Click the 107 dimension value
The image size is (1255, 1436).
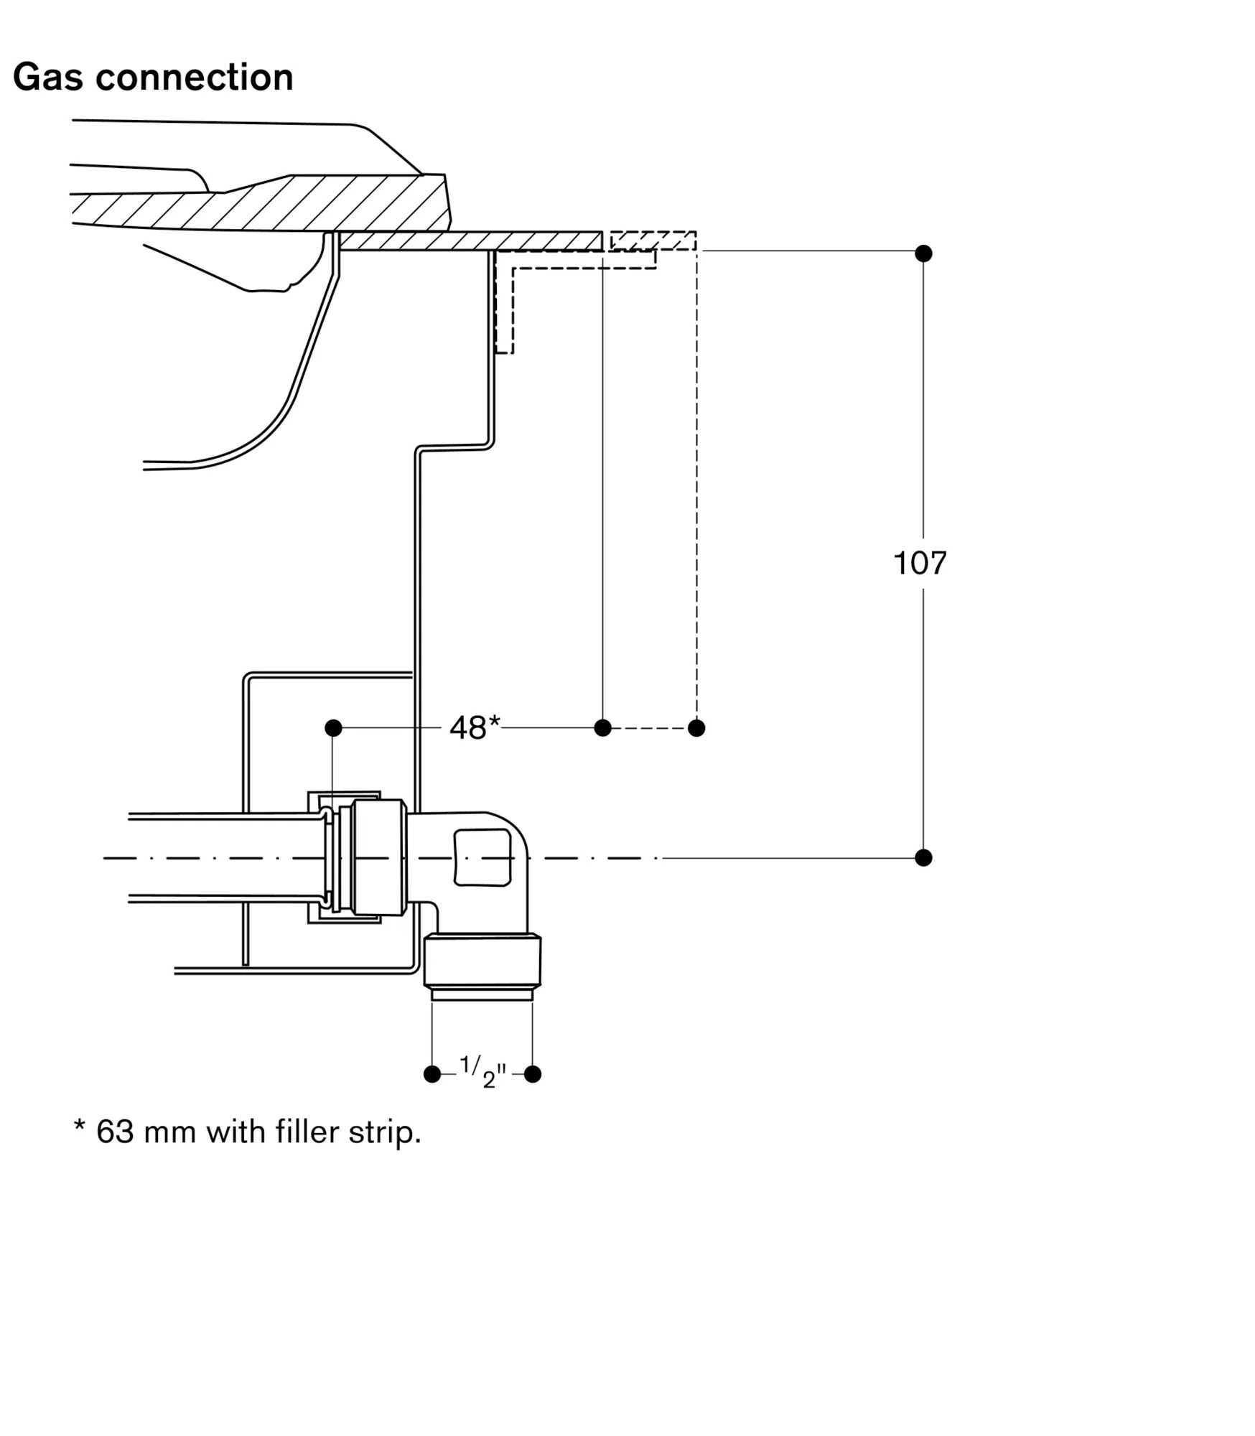pos(920,564)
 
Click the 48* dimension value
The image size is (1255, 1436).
pos(474,728)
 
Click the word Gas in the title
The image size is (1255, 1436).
pos(47,77)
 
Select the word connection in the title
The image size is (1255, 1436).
pos(195,77)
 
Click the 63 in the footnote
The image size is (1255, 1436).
pos(115,1132)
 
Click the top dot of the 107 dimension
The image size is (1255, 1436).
pos(923,253)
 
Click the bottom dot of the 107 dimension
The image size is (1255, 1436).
pos(923,857)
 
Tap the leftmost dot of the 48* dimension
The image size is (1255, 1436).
pos(333,728)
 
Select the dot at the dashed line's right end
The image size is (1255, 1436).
pos(696,728)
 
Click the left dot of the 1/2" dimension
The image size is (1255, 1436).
pos(432,1094)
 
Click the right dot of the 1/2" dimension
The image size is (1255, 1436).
pos(533,1094)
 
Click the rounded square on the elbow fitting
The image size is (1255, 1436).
pos(482,857)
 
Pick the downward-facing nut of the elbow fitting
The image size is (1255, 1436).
pos(482,961)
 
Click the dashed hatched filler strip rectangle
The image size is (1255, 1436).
pos(653,241)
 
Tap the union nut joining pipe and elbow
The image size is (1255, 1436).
pos(380,857)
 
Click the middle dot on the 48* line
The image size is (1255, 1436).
pos(603,728)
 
